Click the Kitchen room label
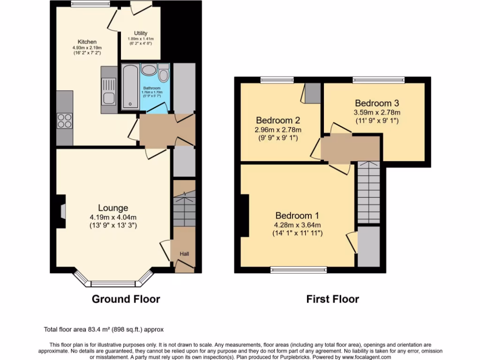tap(87, 42)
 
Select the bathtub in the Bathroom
tap(130, 87)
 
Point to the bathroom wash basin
tap(149, 71)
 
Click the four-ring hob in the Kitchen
tap(64, 121)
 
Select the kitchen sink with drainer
tap(109, 90)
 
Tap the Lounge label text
tap(113, 208)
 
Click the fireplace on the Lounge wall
tap(61, 211)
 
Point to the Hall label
tap(185, 254)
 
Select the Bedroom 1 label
tap(297, 216)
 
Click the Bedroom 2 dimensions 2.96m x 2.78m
tap(278, 130)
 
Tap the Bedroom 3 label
tap(376, 103)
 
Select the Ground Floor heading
tap(126, 299)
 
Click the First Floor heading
tap(333, 299)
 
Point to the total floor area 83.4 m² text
tap(104, 329)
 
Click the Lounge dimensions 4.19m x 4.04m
tap(113, 217)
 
